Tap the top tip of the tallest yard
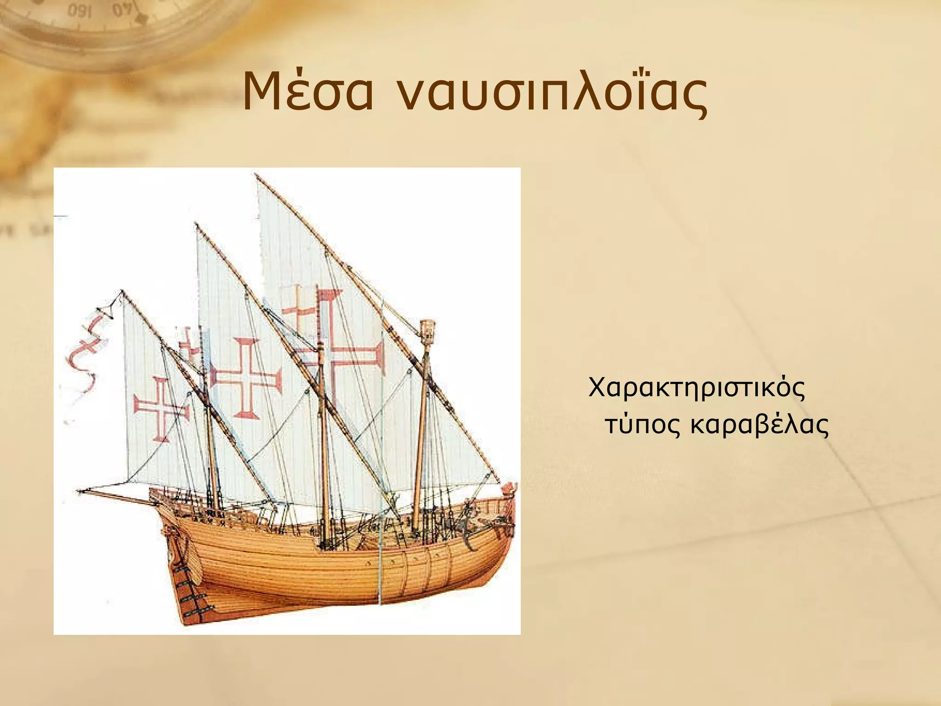point(256,175)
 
